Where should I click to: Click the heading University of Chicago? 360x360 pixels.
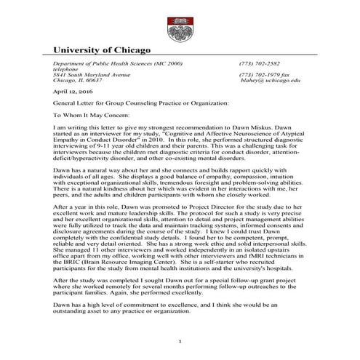(x=103, y=51)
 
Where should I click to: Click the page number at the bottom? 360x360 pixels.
(x=179, y=342)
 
